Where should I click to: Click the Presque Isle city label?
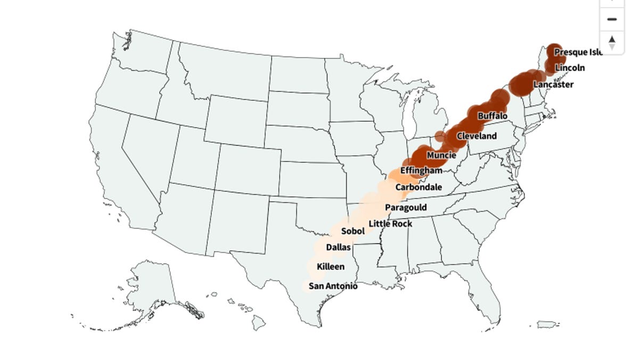[578, 52]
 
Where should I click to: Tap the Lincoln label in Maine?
[570, 68]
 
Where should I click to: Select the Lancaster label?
[553, 85]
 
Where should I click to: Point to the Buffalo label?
[493, 116]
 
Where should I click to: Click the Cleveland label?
[477, 136]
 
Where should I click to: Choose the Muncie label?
[441, 156]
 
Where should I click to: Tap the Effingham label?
[421, 171]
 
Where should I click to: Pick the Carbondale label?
[419, 187]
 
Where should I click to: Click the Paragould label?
[406, 208]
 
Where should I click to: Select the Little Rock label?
[390, 224]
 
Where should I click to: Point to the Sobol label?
[353, 231]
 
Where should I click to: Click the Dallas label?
[338, 248]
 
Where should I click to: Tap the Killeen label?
[331, 267]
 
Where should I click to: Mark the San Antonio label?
[333, 287]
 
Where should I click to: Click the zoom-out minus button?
[612, 19]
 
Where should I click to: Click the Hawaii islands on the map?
[258, 321]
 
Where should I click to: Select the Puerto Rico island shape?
[547, 324]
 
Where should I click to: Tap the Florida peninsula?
[490, 288]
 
